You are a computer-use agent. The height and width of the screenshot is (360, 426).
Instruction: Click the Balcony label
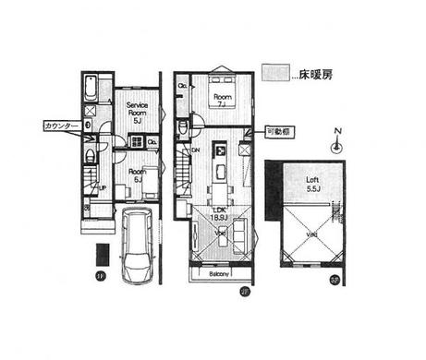pos(219,274)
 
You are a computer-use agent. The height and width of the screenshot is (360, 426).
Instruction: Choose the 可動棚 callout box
pos(275,131)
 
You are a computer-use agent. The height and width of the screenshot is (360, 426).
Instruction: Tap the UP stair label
pos(101,189)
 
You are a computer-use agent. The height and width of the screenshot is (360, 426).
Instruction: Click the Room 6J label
pos(136,174)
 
